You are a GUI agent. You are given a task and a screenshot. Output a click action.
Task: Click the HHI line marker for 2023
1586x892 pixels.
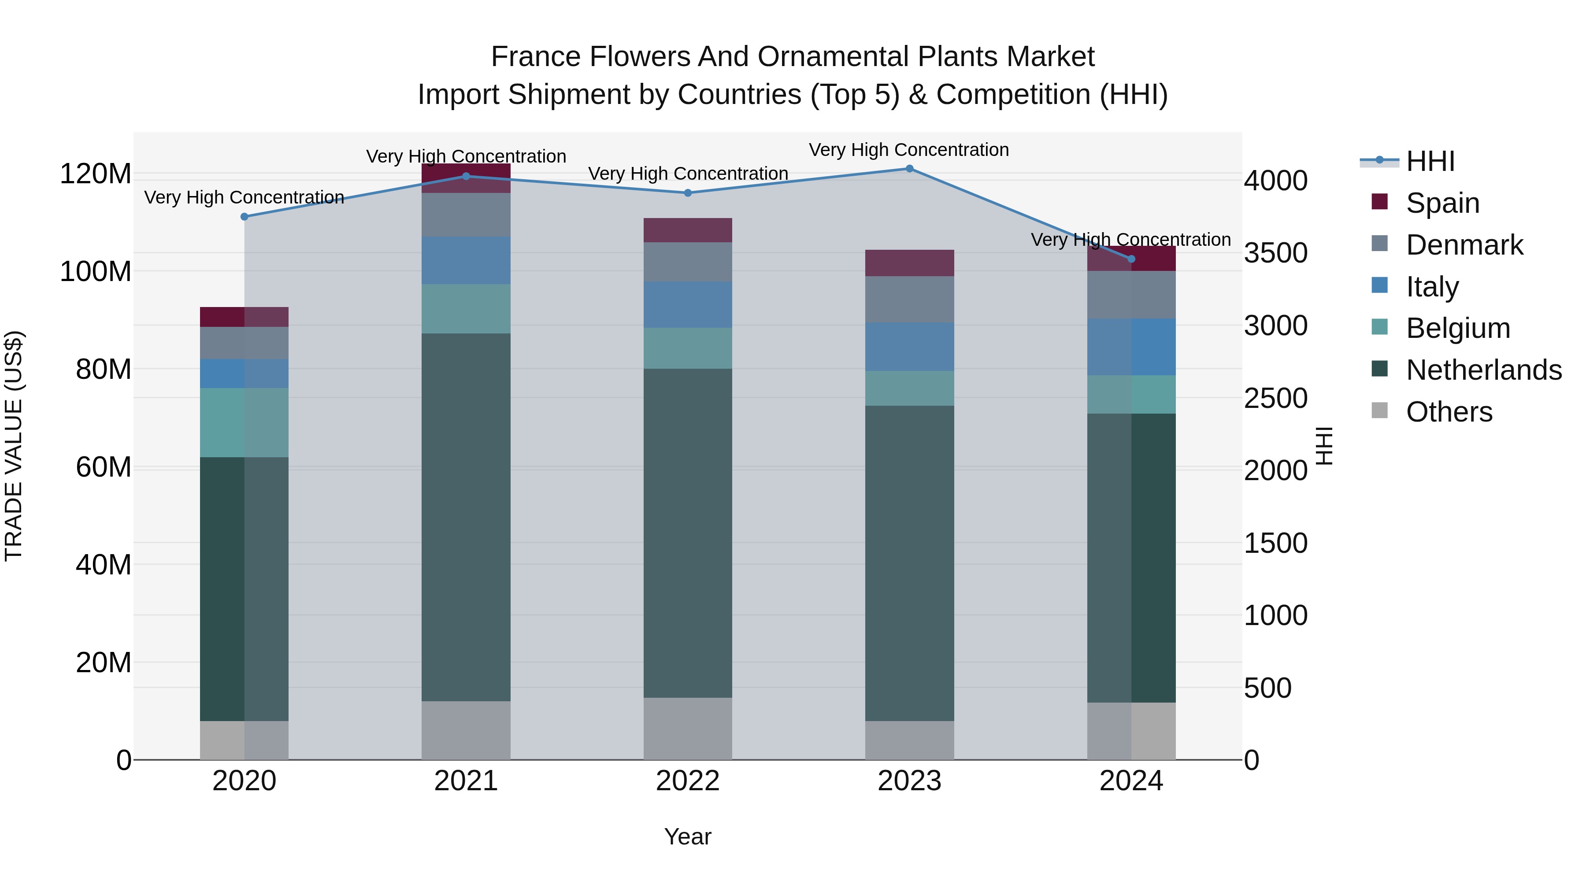(909, 169)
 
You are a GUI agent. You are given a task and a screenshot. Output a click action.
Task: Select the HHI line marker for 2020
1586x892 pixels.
(245, 217)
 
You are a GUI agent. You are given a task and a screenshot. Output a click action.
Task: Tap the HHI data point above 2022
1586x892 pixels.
(688, 192)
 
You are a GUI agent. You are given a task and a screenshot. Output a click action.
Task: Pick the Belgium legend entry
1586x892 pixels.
(1457, 328)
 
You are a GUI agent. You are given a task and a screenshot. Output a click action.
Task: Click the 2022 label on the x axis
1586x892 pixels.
(688, 781)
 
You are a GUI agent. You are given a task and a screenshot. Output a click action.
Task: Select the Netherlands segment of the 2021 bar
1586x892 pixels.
(466, 517)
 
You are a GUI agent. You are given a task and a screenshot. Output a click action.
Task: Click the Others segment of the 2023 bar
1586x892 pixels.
(909, 740)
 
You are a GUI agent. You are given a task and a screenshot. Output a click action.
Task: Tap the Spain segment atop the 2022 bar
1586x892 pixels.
(688, 230)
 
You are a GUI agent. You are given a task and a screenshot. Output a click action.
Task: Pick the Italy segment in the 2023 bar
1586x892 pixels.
(909, 347)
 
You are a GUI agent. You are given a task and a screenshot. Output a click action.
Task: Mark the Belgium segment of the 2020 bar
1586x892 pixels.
(245, 422)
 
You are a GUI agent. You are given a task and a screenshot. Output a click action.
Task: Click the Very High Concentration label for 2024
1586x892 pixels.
(1130, 240)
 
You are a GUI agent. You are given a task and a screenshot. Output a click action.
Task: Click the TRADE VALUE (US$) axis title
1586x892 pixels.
(14, 446)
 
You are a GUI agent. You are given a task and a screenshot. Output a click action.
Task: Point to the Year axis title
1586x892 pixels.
(688, 836)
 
